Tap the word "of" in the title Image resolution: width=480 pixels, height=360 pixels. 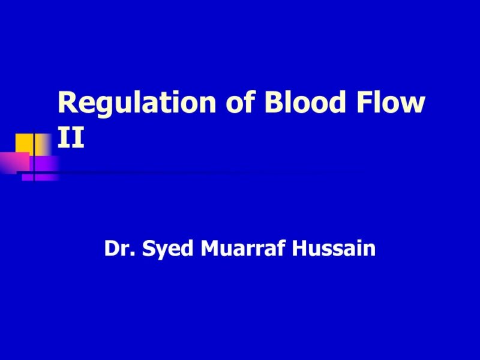pos(238,104)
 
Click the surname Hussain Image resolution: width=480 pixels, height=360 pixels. pos(334,248)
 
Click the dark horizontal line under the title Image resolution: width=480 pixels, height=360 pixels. pos(180,173)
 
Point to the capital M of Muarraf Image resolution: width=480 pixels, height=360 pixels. pos(208,248)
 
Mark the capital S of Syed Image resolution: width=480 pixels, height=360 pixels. pos(148,248)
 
